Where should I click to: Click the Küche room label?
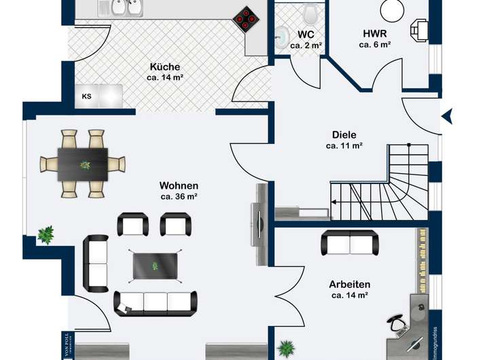pos(165,67)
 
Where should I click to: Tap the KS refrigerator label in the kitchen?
pos(86,96)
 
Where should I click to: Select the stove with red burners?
pos(245,19)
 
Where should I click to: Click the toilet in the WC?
pos(312,13)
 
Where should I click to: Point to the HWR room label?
pos(375,33)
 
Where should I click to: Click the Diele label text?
pos(344,134)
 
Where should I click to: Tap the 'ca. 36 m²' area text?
pos(179,197)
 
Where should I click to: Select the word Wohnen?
pos(179,185)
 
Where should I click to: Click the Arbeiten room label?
pos(349,284)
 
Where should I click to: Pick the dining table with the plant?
pos(83,164)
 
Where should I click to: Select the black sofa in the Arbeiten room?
pos(350,242)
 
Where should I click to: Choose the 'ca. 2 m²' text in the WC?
pos(306,45)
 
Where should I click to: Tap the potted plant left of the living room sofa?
pos(46,235)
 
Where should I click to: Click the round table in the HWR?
pos(393,8)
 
